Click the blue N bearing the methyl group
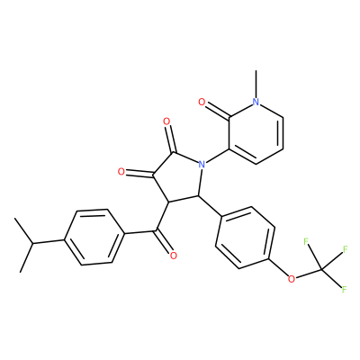[x=256, y=102]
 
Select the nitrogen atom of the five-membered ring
[x=202, y=164]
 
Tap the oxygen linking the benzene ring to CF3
[x=291, y=279]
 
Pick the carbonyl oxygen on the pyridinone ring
[x=202, y=103]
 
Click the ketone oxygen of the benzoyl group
[x=173, y=256]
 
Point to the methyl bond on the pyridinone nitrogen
[x=256, y=85]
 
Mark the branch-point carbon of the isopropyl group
[x=32, y=243]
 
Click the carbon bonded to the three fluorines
[x=321, y=270]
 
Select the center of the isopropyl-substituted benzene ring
[x=94, y=238]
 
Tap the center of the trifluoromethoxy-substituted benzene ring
[x=245, y=238]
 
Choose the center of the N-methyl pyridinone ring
[x=256, y=133]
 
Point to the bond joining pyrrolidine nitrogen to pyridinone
[x=217, y=156]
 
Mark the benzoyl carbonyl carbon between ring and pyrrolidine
[x=156, y=230]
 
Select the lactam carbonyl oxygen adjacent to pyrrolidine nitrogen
[x=166, y=121]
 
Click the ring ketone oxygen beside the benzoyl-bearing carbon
[x=121, y=172]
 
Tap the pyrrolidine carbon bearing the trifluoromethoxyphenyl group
[x=198, y=195]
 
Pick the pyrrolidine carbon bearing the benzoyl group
[x=168, y=202]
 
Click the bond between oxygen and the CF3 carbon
[x=308, y=274]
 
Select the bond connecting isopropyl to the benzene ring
[x=48, y=241]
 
